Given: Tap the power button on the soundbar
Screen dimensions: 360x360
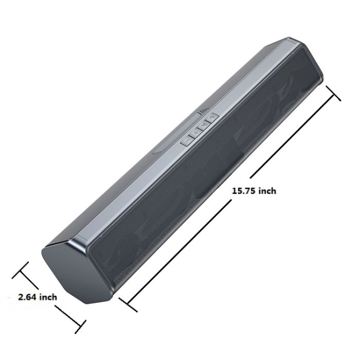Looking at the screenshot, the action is tap(212, 118).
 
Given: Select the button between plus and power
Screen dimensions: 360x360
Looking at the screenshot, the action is tap(204, 125).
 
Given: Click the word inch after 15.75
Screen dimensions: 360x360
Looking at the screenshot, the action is tap(267, 191).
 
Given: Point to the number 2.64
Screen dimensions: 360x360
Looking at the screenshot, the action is tap(28, 297).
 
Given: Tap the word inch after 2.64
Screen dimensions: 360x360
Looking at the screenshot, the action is tap(48, 297).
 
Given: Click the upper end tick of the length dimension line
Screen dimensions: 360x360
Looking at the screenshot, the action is tap(333, 93).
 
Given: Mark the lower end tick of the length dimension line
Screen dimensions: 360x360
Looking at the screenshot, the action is tap(128, 304).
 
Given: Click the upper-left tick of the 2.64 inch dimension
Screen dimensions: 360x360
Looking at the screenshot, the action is tap(20, 270).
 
